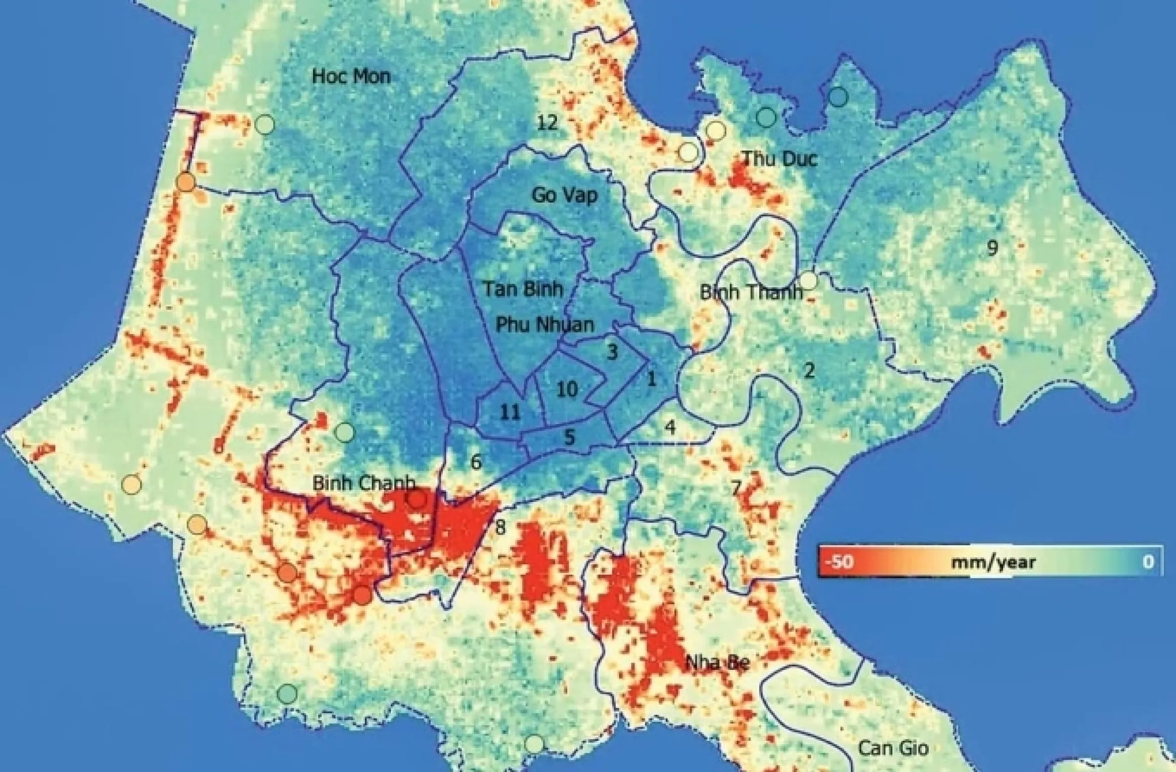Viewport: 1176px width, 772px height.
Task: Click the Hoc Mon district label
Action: (x=351, y=76)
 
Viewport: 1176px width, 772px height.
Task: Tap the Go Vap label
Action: (x=564, y=195)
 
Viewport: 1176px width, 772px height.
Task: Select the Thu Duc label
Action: (x=779, y=159)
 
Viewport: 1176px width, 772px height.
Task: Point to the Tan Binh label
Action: (x=523, y=289)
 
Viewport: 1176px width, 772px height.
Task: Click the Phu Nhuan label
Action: (x=545, y=324)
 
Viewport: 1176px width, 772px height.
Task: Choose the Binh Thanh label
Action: (x=751, y=292)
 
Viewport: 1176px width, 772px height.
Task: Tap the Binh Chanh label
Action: (x=363, y=483)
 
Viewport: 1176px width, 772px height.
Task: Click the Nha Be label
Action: (x=718, y=662)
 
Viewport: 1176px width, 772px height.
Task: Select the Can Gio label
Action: (x=893, y=748)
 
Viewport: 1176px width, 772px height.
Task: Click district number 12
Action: (x=547, y=122)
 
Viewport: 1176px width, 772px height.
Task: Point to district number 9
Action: (x=992, y=247)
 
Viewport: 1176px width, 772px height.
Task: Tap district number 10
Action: (x=567, y=389)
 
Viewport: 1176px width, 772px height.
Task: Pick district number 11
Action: (x=510, y=412)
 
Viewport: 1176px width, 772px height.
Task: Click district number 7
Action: (x=736, y=487)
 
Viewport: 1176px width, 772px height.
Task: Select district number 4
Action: (x=670, y=427)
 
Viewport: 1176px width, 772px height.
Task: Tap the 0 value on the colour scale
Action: (x=1148, y=561)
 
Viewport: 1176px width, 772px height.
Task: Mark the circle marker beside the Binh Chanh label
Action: (x=417, y=499)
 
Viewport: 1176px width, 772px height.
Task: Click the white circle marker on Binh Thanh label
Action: (x=808, y=280)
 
